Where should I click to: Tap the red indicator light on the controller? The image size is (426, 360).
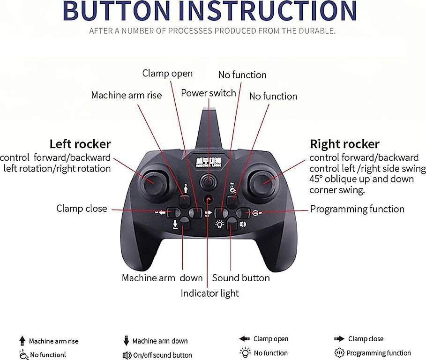tap(209, 199)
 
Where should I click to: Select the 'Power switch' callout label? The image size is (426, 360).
tap(209, 93)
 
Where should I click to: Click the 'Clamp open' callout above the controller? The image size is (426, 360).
tap(167, 73)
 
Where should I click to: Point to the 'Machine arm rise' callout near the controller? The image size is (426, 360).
tap(127, 95)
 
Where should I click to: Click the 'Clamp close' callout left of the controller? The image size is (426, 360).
tap(82, 209)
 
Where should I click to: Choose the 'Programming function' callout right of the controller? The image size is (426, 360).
tap(357, 209)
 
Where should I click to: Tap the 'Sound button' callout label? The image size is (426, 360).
tap(241, 278)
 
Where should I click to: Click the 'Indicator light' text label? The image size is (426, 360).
tap(209, 293)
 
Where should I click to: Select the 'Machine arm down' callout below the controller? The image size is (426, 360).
tap(162, 278)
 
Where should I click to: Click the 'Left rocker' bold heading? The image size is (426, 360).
tap(80, 144)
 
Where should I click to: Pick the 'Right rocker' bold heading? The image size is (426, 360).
tap(344, 144)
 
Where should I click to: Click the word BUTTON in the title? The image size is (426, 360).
tap(117, 10)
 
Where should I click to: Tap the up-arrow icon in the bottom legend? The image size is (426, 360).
tap(22, 341)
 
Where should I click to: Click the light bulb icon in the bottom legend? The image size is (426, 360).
tap(245, 352)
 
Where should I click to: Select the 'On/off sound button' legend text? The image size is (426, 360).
tap(163, 355)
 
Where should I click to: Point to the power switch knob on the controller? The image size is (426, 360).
tap(209, 181)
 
